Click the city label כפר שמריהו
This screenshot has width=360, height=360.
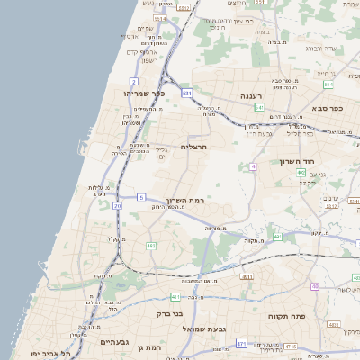tap(144, 93)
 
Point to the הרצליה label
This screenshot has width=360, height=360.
tap(194, 147)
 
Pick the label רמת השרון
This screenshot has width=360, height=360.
tap(186, 200)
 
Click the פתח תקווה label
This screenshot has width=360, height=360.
tap(287, 317)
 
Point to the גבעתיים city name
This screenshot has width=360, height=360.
tap(117, 342)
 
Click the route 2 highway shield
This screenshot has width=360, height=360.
tap(133, 82)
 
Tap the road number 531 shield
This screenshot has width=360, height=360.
tap(186, 93)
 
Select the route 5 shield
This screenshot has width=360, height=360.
tap(141, 196)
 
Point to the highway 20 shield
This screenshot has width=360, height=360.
tap(118, 206)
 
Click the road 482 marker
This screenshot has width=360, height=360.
tap(151, 245)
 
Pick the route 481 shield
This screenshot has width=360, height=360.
tap(174, 296)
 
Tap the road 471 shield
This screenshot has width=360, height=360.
tap(241, 343)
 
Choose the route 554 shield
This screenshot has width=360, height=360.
tap(328, 85)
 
